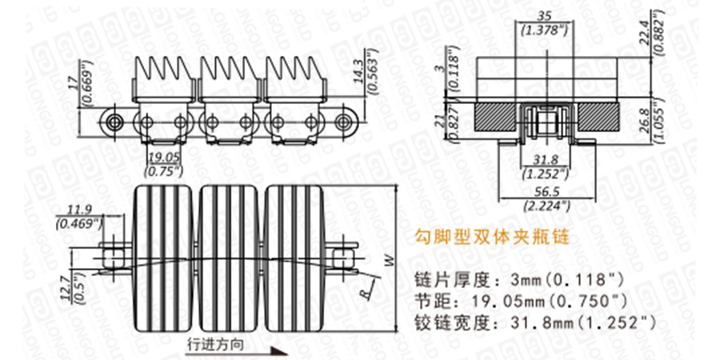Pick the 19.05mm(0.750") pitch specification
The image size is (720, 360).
[x=549, y=301]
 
